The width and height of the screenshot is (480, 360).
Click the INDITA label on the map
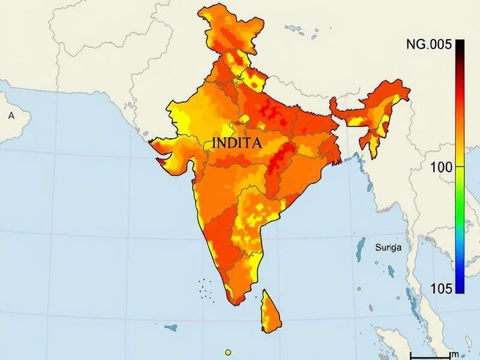click(x=237, y=144)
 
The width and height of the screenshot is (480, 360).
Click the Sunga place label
click(x=388, y=247)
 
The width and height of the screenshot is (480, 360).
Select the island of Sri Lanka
click(x=270, y=312)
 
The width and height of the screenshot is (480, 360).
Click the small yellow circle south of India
click(x=228, y=352)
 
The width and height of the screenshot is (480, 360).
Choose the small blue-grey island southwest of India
click(x=171, y=328)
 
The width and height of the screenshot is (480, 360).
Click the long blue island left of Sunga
click(x=360, y=249)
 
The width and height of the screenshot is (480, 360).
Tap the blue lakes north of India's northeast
click(x=293, y=28)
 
